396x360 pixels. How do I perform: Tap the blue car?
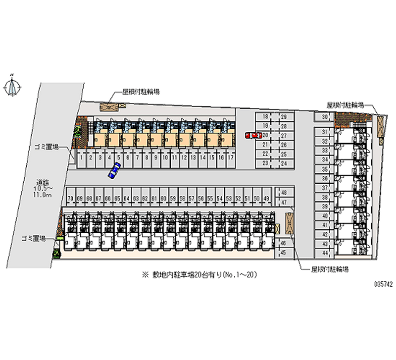pyautogui.click(x=114, y=170)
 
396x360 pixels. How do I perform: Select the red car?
pyautogui.click(x=253, y=135)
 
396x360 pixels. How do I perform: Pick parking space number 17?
pyautogui.click(x=230, y=157)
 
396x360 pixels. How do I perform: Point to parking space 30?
pyautogui.click(x=324, y=117)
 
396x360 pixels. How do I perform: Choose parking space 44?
pyautogui.click(x=324, y=253)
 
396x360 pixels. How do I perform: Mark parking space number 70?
pyautogui.click(x=71, y=199)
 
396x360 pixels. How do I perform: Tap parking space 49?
pyautogui.click(x=266, y=199)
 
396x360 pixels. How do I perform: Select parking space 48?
pyautogui.click(x=284, y=193)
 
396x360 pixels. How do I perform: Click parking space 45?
pyautogui.click(x=284, y=253)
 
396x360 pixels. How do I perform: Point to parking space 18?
pyautogui.click(x=265, y=117)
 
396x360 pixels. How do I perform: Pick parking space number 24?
pyautogui.click(x=284, y=162)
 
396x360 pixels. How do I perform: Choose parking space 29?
pyautogui.click(x=284, y=117)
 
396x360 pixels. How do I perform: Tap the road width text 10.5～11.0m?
pyautogui.click(x=43, y=192)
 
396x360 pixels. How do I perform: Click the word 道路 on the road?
pyautogui.click(x=42, y=181)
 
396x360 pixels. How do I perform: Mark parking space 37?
pyautogui.click(x=324, y=188)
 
